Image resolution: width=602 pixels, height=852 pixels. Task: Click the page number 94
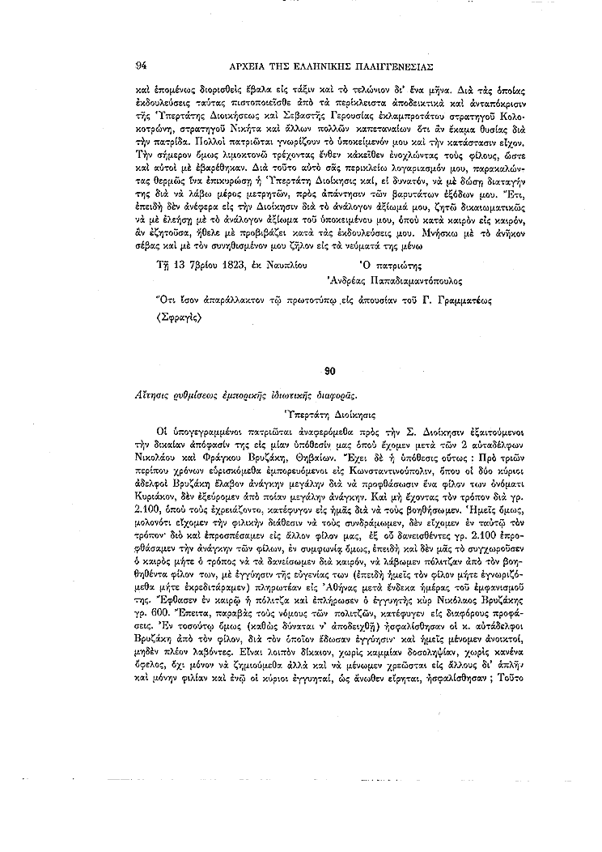(x=141, y=64)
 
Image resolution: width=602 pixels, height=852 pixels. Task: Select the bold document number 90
(x=329, y=371)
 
